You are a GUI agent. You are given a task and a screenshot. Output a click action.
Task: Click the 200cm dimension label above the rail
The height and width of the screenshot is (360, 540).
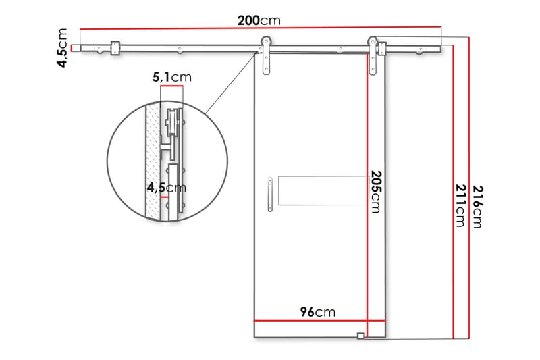click(x=259, y=21)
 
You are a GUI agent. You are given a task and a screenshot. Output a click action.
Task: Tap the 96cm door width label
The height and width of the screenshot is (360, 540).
click(x=317, y=312)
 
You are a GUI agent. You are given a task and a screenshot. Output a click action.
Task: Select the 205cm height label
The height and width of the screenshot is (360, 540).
click(x=375, y=192)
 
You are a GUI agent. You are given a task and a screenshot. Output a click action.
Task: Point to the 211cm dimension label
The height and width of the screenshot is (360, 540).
click(x=460, y=205)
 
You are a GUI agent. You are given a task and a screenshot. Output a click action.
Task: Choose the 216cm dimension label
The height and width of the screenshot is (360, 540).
click(x=477, y=207)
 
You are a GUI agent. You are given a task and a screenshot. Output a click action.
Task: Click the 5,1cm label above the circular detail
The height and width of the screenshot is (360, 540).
click(x=172, y=77)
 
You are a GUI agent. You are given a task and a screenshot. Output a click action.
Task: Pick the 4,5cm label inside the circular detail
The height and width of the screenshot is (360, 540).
click(x=166, y=188)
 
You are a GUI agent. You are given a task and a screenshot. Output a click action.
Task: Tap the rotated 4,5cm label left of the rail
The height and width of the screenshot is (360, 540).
click(x=62, y=47)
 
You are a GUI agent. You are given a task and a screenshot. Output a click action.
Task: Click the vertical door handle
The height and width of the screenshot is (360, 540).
click(x=270, y=194)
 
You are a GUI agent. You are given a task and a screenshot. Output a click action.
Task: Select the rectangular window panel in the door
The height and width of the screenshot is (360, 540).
click(x=323, y=190)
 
